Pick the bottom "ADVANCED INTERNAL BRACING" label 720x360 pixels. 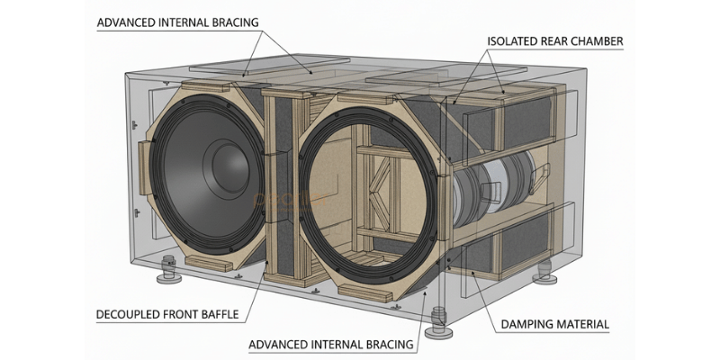point(333,344)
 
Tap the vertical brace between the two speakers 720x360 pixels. point(286,180)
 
